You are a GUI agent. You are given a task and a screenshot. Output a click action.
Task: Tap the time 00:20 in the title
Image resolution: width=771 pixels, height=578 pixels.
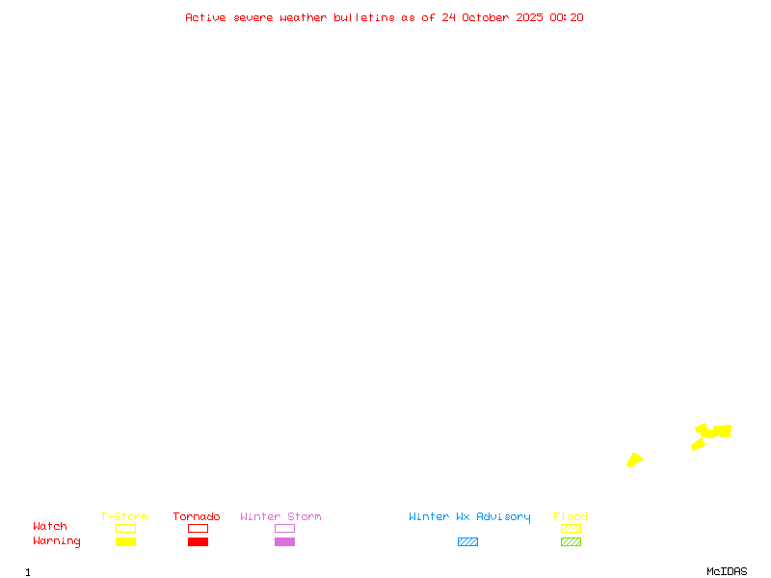tap(567, 17)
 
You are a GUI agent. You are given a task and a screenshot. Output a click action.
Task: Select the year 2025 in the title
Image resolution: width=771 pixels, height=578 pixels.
tap(529, 17)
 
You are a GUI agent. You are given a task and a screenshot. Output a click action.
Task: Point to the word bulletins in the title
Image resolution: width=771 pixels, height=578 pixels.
tap(364, 17)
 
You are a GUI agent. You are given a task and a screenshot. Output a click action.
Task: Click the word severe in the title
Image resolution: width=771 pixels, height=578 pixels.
tap(254, 17)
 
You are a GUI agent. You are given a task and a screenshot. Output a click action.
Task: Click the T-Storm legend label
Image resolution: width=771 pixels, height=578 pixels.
tap(124, 517)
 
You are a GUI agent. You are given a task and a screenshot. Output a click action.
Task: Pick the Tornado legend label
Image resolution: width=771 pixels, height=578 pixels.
tap(197, 517)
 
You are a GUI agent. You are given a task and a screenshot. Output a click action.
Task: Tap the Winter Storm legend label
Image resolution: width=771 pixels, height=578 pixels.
tap(280, 517)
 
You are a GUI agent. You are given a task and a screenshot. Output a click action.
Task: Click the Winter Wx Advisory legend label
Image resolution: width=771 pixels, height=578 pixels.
tap(469, 517)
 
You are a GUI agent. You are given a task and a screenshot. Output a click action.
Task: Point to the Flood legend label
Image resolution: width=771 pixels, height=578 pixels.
tap(571, 517)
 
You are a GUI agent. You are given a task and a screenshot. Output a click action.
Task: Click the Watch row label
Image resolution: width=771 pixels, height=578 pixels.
tap(50, 527)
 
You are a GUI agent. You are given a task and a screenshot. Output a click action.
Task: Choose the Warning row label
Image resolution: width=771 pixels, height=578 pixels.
tap(57, 541)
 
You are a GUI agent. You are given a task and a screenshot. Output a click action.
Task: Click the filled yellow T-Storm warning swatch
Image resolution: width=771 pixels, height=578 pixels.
tap(125, 542)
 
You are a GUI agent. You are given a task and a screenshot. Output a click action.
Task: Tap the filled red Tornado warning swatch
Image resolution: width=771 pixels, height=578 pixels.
tap(198, 542)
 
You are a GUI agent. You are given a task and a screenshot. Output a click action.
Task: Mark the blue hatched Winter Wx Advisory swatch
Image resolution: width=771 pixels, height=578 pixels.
tap(467, 542)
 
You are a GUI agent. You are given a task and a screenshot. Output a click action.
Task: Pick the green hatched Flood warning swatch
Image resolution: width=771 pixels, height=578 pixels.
tap(571, 542)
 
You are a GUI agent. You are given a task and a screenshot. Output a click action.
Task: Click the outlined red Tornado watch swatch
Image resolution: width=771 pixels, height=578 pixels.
tap(198, 529)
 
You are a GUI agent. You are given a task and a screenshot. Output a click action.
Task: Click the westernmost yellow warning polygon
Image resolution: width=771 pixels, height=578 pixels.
tap(634, 460)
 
